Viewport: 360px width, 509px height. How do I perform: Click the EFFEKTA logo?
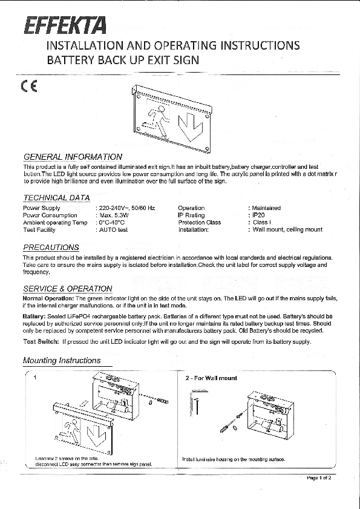65,25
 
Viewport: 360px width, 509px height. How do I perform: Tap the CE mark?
29,85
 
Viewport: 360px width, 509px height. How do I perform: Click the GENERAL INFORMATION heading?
73,157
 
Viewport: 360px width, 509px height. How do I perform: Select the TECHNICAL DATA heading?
56,198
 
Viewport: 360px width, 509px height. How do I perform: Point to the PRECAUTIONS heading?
51,248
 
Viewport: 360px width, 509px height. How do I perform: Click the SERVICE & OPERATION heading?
68,289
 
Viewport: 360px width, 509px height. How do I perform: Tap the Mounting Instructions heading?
62,361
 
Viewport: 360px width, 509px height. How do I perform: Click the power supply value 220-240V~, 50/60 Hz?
126,208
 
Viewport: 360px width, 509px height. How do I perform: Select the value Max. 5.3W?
113,215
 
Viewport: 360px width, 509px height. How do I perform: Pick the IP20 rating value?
256,215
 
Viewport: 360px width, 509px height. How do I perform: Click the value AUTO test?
112,230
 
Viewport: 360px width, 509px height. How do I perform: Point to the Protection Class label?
199,222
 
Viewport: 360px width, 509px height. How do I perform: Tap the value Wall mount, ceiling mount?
286,230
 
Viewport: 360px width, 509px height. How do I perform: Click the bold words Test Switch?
41,342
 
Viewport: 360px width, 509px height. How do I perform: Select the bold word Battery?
34,317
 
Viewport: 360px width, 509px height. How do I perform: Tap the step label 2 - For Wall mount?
211,378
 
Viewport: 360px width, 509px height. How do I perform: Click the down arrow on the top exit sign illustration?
191,128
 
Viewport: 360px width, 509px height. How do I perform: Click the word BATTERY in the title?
65,61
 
